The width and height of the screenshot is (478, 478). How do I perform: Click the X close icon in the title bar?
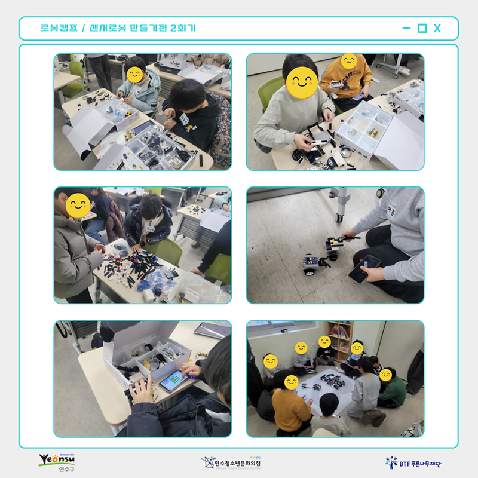coord(437,28)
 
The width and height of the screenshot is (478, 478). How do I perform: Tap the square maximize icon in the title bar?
coord(422,28)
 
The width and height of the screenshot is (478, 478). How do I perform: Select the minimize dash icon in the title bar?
coord(406,28)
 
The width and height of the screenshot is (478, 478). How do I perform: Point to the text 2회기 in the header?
coord(183,28)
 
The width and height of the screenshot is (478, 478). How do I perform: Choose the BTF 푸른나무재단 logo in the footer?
coord(416,462)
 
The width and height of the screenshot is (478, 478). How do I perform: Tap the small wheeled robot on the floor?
coord(312,264)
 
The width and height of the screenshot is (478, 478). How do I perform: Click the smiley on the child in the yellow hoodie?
coord(348,62)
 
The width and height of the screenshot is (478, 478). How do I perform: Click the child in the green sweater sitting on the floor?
coord(392,390)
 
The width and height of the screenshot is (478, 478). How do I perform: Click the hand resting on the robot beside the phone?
coord(142,390)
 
